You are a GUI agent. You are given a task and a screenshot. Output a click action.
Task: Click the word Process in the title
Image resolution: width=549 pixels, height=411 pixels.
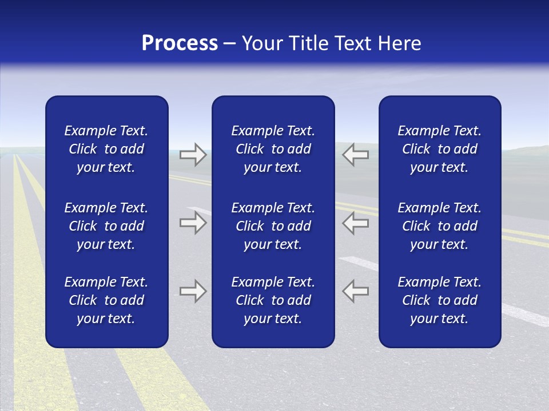(x=180, y=43)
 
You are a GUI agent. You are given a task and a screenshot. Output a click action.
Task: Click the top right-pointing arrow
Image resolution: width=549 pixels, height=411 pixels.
(x=193, y=155)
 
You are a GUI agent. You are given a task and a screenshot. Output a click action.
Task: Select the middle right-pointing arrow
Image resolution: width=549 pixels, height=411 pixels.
(x=193, y=223)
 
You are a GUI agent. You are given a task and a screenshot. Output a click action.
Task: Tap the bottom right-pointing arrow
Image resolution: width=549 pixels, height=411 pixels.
(x=193, y=291)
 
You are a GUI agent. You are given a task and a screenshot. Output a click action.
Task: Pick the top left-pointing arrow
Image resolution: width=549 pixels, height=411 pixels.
(x=355, y=155)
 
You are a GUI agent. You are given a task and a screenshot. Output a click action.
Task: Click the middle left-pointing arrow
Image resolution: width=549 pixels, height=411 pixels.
(x=355, y=223)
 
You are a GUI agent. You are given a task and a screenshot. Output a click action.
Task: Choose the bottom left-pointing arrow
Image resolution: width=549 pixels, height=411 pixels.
(x=355, y=291)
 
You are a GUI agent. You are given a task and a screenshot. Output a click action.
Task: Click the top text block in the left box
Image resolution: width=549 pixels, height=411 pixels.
(x=106, y=149)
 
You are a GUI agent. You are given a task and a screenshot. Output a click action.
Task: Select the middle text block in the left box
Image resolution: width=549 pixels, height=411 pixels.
(x=106, y=226)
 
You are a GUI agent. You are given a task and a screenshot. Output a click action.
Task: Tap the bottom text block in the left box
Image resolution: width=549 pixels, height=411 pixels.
(x=106, y=300)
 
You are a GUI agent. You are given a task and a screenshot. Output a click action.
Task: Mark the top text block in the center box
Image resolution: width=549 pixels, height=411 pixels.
(x=273, y=149)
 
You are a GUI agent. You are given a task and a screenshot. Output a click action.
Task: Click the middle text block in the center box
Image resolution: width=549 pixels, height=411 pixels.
(x=273, y=226)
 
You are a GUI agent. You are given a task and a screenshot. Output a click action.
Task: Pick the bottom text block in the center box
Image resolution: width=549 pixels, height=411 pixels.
(x=273, y=300)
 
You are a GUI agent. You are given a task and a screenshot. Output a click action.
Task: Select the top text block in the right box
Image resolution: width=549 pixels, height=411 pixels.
(x=440, y=149)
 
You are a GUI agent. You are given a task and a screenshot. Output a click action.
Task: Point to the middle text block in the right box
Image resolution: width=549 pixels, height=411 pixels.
(x=440, y=226)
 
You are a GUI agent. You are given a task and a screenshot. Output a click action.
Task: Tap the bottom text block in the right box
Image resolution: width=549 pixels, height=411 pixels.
(x=440, y=300)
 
